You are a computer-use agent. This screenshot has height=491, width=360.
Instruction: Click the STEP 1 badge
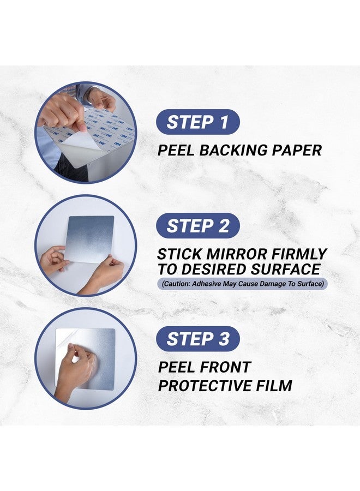pyautogui.click(x=198, y=122)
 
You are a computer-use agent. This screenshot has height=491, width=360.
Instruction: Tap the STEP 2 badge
pyautogui.click(x=198, y=225)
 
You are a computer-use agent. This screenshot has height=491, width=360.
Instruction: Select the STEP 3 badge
pyautogui.click(x=198, y=339)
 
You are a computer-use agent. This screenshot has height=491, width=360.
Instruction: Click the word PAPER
pyautogui.click(x=298, y=150)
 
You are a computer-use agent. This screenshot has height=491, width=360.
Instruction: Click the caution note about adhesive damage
pyautogui.click(x=242, y=284)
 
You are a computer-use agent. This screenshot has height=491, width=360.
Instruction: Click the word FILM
pyautogui.click(x=277, y=386)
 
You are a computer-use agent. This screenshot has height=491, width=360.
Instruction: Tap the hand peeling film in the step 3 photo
pyautogui.click(x=74, y=368)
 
